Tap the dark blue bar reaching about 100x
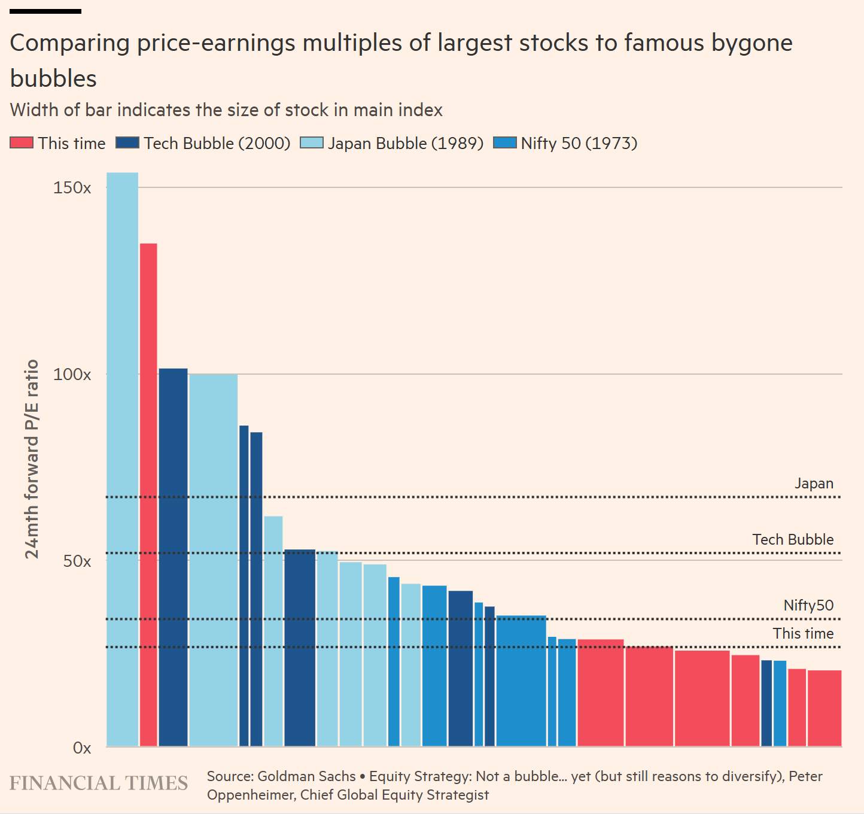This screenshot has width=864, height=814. pyautogui.click(x=173, y=557)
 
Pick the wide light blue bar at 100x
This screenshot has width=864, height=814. pyautogui.click(x=213, y=560)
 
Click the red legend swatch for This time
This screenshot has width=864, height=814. pyautogui.click(x=22, y=144)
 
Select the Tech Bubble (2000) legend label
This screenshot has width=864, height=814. pyautogui.click(x=217, y=144)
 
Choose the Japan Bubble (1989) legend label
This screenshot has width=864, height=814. pyautogui.click(x=406, y=144)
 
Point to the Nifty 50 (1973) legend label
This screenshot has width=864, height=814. pyautogui.click(x=579, y=144)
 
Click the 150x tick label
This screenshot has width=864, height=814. pyautogui.click(x=72, y=188)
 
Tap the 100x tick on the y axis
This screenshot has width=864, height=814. pyautogui.click(x=72, y=375)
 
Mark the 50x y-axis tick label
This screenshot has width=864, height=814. pyautogui.click(x=77, y=561)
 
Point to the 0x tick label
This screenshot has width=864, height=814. pyautogui.click(x=81, y=748)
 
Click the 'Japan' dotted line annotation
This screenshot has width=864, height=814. pyautogui.click(x=814, y=484)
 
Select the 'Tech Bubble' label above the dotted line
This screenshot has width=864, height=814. pyautogui.click(x=793, y=539)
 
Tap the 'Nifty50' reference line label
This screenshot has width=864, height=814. pyautogui.click(x=808, y=606)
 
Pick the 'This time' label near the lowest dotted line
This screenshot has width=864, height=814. pyautogui.click(x=803, y=634)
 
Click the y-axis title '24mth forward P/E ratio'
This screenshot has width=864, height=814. pyautogui.click(x=32, y=459)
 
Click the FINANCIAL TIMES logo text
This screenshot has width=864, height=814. pyautogui.click(x=99, y=783)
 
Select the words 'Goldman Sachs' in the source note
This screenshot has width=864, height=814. pyautogui.click(x=306, y=776)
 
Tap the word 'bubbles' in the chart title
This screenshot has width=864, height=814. pyautogui.click(x=53, y=79)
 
